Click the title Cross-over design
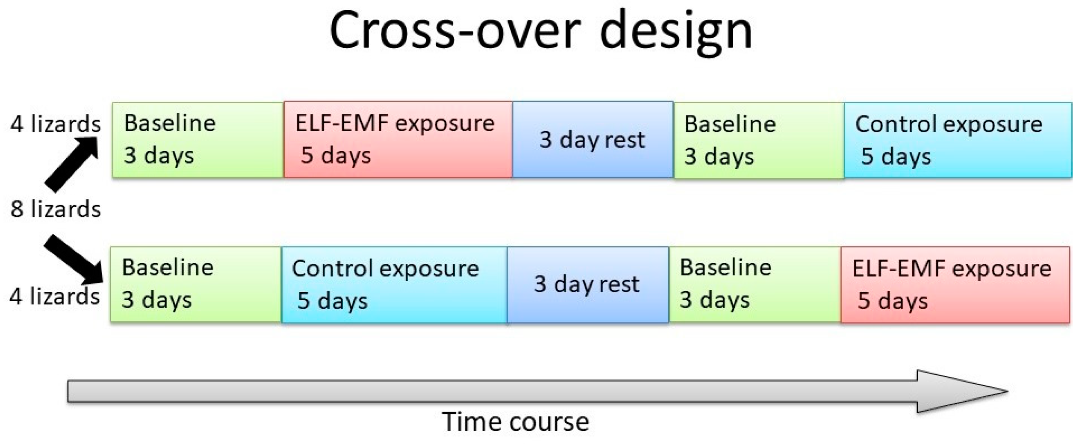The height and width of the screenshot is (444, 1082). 541,32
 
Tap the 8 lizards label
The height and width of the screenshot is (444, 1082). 56,209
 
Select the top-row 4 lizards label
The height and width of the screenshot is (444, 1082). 56,124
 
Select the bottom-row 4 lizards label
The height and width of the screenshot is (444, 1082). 55,296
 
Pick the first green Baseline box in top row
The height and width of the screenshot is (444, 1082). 198,140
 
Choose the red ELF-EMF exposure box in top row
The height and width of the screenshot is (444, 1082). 398,139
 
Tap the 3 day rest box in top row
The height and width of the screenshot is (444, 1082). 593,139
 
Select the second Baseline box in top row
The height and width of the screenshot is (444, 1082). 759,140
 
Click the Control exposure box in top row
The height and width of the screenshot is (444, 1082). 958,140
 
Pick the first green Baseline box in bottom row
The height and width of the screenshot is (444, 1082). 196,284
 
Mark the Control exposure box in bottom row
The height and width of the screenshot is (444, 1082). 395,285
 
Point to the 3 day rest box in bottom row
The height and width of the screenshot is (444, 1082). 588,285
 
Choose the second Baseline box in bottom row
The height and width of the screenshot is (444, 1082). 755,284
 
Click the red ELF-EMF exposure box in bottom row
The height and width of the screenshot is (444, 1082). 955,285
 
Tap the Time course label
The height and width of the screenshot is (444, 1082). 516,422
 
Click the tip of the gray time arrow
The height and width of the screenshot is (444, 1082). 1008,391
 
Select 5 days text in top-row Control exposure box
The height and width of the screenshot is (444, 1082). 896,156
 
